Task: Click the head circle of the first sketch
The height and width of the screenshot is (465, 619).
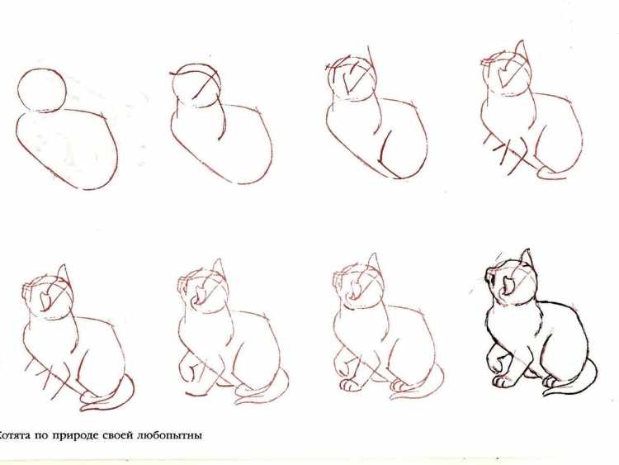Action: [41, 90]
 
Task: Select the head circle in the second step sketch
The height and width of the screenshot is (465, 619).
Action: [196, 86]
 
